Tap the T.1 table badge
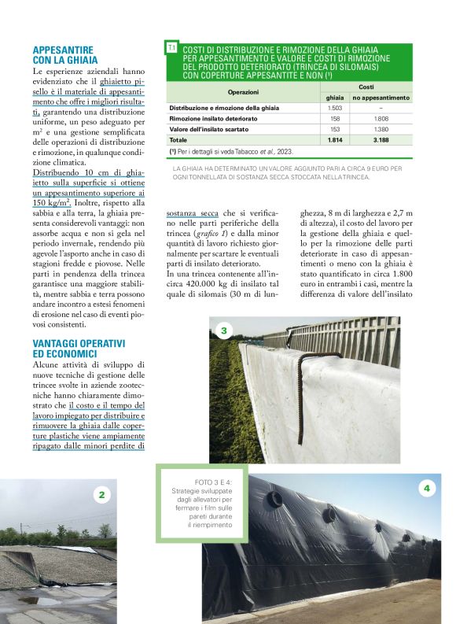(171, 49)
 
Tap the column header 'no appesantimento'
(381, 97)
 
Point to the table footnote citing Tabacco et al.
(230, 150)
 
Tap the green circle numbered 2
(102, 495)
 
